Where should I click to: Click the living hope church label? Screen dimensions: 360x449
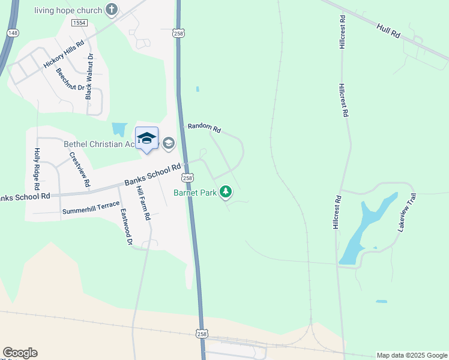click(68, 10)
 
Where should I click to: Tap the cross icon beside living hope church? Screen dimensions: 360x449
click(111, 9)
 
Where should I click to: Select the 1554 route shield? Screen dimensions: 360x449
click(79, 23)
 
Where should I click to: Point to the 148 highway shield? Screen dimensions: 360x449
click(13, 32)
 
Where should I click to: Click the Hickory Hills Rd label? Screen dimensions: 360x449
click(64, 56)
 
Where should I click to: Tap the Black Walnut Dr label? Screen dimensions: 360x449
click(89, 77)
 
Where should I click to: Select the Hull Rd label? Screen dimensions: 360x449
click(389, 31)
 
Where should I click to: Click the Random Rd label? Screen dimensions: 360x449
click(205, 128)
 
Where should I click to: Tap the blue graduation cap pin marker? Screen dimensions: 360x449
click(147, 139)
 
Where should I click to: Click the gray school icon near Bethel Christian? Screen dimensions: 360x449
click(169, 143)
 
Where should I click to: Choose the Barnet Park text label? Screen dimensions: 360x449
click(194, 193)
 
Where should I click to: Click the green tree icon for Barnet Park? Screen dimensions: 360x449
click(226, 192)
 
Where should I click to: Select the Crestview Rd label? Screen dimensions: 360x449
click(80, 169)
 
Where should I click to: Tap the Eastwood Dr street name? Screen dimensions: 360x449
click(125, 227)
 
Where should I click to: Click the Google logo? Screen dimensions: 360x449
click(20, 353)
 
